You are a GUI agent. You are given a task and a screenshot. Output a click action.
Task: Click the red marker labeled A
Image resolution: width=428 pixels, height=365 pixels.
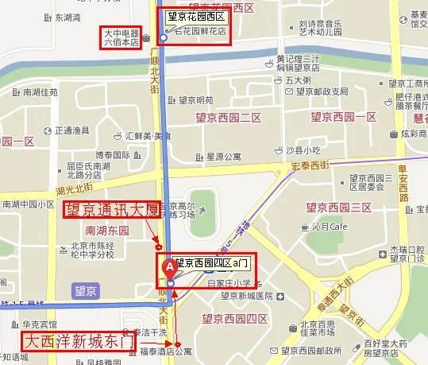click(x=168, y=268)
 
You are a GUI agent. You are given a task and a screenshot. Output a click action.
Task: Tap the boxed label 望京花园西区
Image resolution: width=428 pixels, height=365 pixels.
click(x=197, y=16)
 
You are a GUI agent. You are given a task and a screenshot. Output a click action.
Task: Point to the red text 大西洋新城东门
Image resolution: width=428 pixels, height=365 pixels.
click(x=78, y=341)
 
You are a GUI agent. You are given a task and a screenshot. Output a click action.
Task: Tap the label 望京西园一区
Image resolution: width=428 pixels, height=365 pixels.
click(x=343, y=117)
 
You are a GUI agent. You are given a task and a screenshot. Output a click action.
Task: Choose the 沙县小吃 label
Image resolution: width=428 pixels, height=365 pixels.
click(x=302, y=149)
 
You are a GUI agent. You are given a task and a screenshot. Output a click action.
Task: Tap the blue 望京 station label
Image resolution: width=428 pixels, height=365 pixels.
click(x=83, y=290)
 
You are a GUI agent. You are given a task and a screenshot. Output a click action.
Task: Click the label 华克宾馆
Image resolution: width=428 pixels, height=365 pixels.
click(x=39, y=324)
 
